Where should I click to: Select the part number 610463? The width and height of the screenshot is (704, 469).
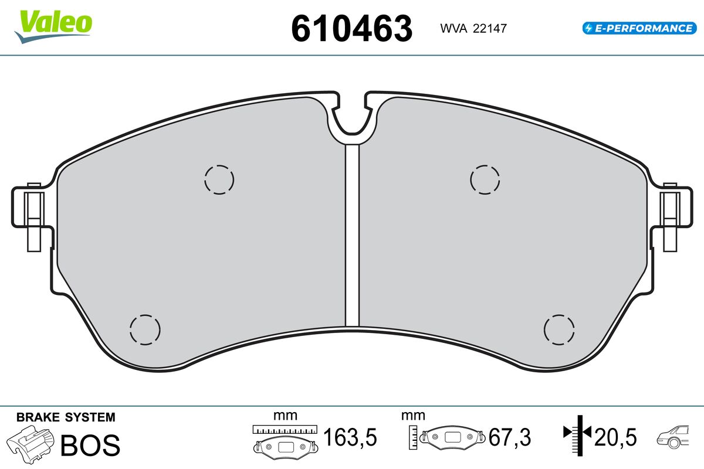pyautogui.click(x=352, y=28)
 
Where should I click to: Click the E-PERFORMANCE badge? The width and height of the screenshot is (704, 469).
pyautogui.click(x=638, y=28)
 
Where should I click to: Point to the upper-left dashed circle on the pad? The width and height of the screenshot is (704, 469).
pyautogui.click(x=219, y=179)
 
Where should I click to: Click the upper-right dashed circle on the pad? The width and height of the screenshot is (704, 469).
pyautogui.click(x=486, y=179)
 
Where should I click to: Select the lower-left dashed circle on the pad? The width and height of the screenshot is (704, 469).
pyautogui.click(x=144, y=329)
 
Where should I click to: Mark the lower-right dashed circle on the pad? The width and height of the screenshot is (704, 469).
pyautogui.click(x=559, y=329)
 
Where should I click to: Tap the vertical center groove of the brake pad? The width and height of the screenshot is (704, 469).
pyautogui.click(x=352, y=235)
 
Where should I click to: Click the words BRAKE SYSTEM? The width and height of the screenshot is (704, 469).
pyautogui.click(x=66, y=417)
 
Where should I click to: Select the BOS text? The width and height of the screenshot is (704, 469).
pyautogui.click(x=90, y=445)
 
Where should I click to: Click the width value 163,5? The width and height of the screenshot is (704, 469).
pyautogui.click(x=350, y=437)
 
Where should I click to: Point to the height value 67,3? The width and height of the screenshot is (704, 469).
pyautogui.click(x=510, y=437)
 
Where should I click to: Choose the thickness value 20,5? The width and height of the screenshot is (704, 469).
pyautogui.click(x=616, y=437)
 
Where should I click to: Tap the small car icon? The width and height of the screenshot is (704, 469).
pyautogui.click(x=675, y=437)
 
